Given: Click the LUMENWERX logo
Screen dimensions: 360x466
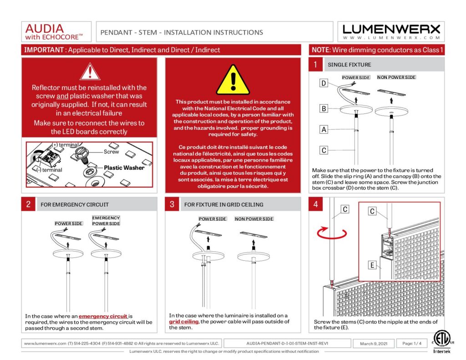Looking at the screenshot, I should coord(391,31).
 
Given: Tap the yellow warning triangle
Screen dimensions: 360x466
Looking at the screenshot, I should coord(233,81).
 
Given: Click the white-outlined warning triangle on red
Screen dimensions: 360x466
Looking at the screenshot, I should coord(90,72).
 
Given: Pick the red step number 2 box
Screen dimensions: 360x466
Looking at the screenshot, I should coord(28,204).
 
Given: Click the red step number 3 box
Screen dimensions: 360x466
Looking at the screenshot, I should coord(172,204).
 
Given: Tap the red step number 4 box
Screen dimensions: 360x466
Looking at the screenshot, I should coord(315,204).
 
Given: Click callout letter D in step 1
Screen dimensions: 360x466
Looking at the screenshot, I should coord(324,83).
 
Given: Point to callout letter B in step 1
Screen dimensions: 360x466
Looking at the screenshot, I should coord(324,108).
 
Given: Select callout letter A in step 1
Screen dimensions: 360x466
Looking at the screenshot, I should coord(324,130).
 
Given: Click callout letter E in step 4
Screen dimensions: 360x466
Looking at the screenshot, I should coord(372,265).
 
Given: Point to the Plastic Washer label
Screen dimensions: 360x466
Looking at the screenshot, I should coord(124,167).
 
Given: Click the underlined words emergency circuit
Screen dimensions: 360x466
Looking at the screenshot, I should coord(105,316).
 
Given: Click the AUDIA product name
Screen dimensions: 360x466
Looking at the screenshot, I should coord(45,28).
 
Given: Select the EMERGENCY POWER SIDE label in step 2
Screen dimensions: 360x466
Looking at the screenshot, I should coord(106,221).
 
